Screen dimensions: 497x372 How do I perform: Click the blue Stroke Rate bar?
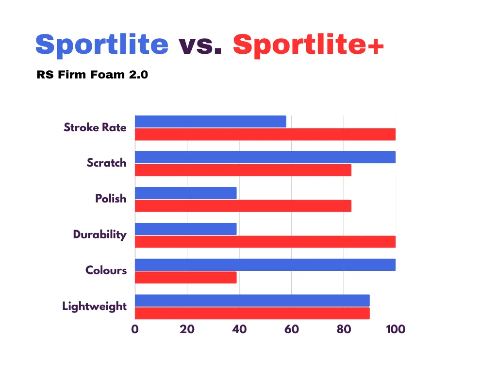coord(211,122)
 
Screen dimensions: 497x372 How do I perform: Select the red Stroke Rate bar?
coord(265,135)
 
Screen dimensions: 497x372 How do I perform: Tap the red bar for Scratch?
coord(243,170)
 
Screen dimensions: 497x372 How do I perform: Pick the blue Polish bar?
coord(186,193)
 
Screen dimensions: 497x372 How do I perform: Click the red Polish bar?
coord(243,206)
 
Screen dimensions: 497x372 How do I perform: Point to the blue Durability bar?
coord(186,229)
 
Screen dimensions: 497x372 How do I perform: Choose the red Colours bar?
coord(186,278)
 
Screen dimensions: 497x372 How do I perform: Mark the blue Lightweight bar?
coord(252,300)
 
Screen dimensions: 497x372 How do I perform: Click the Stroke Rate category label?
coord(95,127)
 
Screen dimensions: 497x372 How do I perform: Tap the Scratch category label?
coord(106,163)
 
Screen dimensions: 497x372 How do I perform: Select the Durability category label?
coord(100,234)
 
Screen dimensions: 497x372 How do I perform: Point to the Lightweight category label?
coord(95,307)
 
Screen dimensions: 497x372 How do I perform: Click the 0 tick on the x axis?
coord(135,329)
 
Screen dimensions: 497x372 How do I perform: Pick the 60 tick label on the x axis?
coord(292,329)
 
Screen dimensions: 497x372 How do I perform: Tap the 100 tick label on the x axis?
coord(396,329)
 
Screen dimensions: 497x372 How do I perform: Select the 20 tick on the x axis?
coord(187,329)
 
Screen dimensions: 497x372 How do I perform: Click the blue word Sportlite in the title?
coord(102,45)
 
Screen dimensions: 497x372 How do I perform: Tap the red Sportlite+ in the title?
coord(308,45)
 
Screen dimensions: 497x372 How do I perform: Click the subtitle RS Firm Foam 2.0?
coord(92,75)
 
